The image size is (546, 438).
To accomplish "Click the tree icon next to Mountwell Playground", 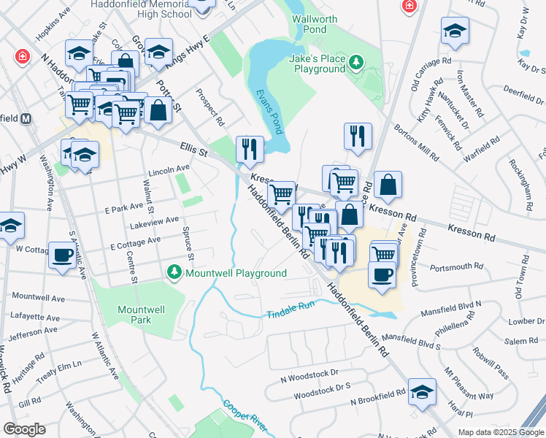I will click(x=174, y=273).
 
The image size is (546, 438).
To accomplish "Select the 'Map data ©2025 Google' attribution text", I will click(x=500, y=432).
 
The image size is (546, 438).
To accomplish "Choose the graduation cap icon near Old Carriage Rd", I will click(x=455, y=31).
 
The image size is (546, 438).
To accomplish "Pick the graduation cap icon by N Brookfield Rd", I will click(x=422, y=392).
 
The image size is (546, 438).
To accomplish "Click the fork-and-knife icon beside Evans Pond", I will click(x=250, y=149).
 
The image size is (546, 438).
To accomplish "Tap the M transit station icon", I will click(x=26, y=118).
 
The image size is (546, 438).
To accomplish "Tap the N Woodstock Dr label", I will click(x=309, y=373).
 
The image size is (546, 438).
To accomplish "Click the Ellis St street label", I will click(x=194, y=150).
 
